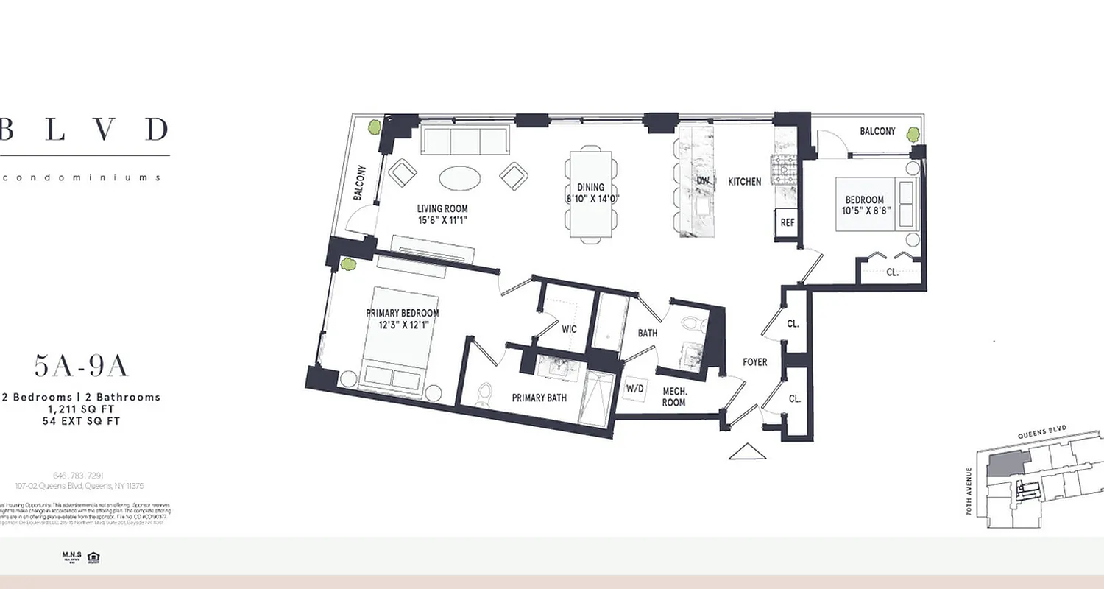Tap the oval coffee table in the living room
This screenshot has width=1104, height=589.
[461, 177]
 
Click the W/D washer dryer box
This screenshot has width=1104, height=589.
[635, 388]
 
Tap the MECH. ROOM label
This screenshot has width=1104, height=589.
[673, 397]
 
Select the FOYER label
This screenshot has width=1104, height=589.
[754, 362]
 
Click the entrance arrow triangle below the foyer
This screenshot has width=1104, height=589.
[747, 452]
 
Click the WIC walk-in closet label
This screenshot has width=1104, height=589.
[569, 329]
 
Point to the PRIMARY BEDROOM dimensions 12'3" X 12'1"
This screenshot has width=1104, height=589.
[403, 325]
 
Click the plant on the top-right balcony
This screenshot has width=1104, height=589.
[913, 134]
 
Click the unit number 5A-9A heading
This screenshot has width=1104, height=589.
[81, 366]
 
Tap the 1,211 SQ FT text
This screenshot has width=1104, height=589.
[81, 409]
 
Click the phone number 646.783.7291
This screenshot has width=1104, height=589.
[79, 476]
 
